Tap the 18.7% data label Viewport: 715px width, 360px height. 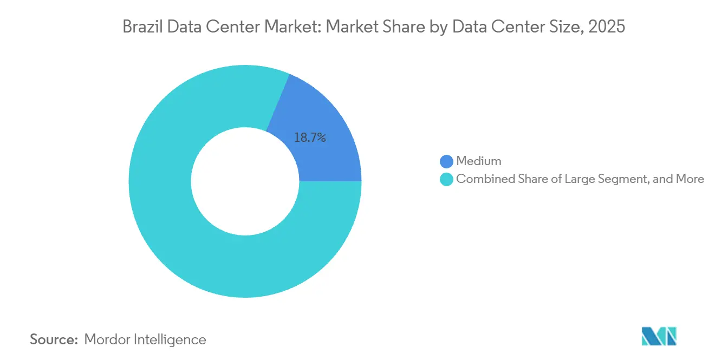click(x=310, y=138)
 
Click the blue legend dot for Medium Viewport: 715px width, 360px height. click(x=447, y=161)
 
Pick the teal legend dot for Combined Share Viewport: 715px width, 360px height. click(x=447, y=179)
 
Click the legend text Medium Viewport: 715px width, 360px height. click(x=479, y=161)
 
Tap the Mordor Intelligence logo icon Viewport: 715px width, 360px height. click(x=659, y=336)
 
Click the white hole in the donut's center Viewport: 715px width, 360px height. click(x=245, y=181)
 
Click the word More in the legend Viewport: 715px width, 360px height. click(x=690, y=179)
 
